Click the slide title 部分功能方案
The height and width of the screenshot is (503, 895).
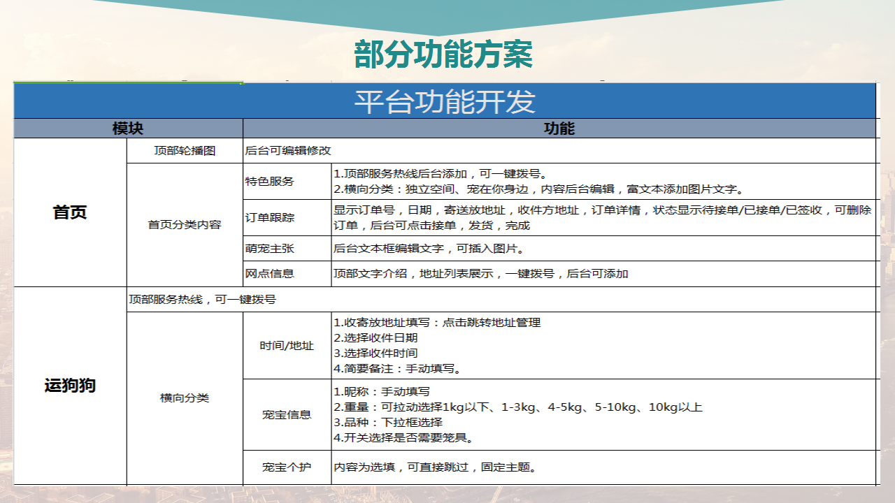click(443, 54)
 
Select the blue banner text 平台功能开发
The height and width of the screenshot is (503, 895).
click(445, 101)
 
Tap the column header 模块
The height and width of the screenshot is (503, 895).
click(128, 129)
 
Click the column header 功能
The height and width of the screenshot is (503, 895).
click(559, 129)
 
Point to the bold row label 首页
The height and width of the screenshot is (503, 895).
click(70, 212)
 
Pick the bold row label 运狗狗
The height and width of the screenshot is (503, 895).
click(70, 386)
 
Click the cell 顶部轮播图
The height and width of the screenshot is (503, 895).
click(185, 150)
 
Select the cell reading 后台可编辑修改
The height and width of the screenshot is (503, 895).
click(287, 150)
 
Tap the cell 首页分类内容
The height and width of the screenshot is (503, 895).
click(185, 224)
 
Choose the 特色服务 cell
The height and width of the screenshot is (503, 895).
click(269, 181)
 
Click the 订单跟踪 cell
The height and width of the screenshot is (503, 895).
click(269, 217)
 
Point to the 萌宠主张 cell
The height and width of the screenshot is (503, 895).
click(269, 248)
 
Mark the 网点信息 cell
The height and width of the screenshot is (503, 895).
click(269, 273)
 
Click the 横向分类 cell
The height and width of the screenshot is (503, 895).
click(185, 398)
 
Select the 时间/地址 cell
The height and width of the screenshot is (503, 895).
click(287, 345)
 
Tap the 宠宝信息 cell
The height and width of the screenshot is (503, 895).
click(287, 415)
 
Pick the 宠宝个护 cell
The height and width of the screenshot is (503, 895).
click(287, 467)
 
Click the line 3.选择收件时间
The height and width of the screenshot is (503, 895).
click(375, 353)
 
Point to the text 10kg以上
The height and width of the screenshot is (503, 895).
click(675, 407)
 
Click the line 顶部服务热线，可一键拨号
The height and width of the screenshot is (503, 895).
click(202, 300)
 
